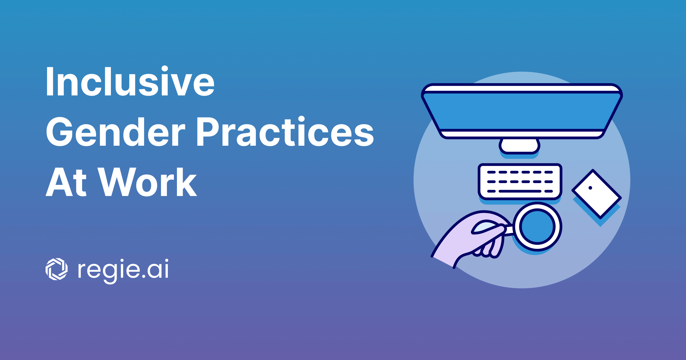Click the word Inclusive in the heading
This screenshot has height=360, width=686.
130,81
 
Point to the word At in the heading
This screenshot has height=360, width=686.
66,182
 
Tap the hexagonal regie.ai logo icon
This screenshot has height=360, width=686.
57,269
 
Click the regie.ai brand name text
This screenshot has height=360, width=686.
123,270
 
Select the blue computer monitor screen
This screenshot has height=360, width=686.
522,111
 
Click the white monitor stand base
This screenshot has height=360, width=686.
519,146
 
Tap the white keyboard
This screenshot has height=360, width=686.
520,181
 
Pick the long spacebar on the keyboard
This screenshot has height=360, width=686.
520,191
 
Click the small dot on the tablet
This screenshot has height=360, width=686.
590,188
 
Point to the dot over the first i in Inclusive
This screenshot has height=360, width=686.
165,69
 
